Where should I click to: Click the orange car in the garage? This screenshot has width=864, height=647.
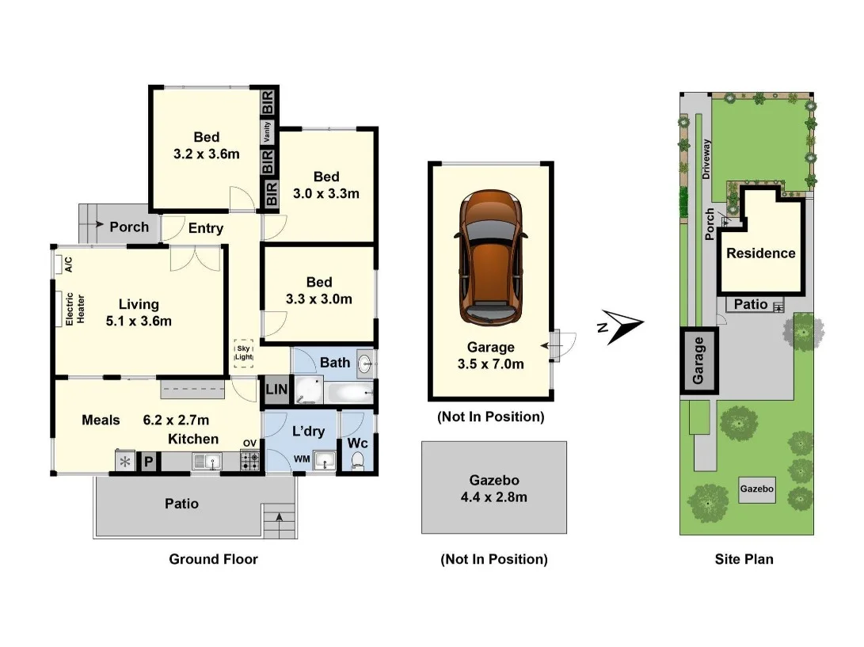(489, 257)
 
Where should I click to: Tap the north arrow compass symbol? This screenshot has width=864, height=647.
(622, 324)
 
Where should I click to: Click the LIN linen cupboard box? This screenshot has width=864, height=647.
(276, 389)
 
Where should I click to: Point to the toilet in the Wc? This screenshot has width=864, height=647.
(357, 459)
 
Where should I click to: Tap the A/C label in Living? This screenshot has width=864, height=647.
(68, 264)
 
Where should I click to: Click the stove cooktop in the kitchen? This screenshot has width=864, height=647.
(249, 461)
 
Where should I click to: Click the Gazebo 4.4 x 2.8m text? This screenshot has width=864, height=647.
(493, 489)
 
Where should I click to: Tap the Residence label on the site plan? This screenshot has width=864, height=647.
(760, 253)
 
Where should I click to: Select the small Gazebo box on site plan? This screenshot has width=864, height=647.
(757, 490)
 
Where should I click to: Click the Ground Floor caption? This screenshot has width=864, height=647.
(213, 559)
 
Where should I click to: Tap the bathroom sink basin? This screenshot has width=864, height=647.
(363, 364)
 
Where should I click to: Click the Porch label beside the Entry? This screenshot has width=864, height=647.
(128, 226)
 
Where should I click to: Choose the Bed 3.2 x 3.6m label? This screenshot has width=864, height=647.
(206, 146)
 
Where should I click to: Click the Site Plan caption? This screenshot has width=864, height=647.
(744, 559)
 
